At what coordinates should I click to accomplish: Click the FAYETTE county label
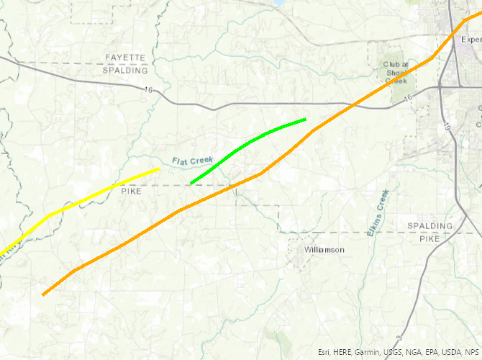click(x=125, y=57)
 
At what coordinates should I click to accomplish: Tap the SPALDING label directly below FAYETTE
click(x=125, y=70)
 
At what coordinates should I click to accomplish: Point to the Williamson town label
click(x=324, y=250)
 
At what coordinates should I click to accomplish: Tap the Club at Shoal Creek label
click(x=396, y=73)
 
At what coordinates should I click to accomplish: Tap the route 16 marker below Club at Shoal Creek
click(x=409, y=98)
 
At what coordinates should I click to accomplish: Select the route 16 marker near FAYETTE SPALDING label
click(x=149, y=89)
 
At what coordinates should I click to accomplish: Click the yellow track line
click(x=101, y=191)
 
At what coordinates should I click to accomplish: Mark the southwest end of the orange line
click(x=44, y=294)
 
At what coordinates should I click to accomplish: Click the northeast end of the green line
click(x=305, y=119)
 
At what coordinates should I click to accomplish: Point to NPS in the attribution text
click(x=470, y=352)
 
